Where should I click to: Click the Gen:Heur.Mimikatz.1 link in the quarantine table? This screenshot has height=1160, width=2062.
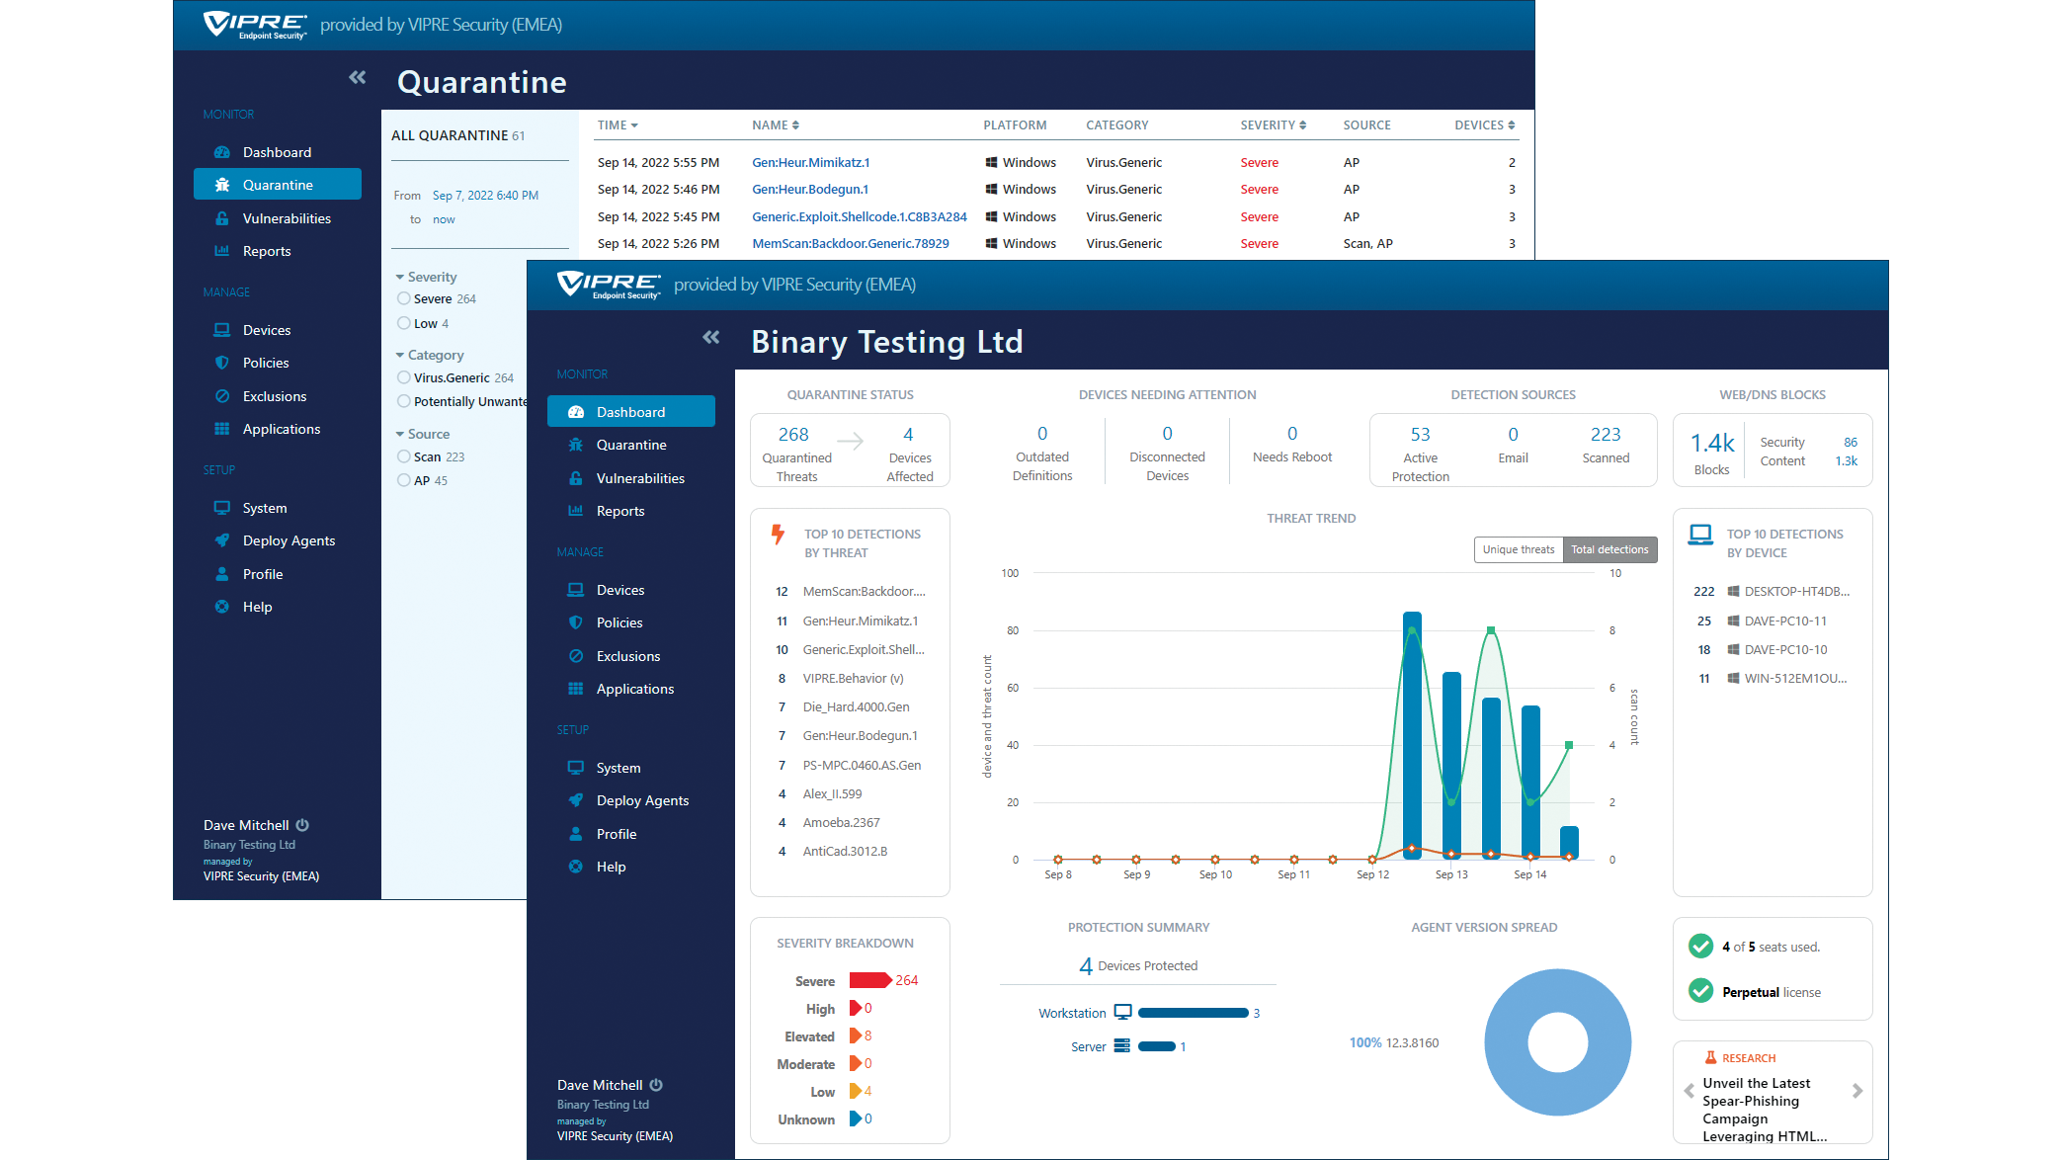810,163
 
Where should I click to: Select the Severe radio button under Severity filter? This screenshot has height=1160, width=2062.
404,298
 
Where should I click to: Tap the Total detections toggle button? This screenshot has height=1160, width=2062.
1608,549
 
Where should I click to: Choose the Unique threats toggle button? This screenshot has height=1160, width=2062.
1518,549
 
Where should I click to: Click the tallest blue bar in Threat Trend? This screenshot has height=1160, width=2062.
1412,735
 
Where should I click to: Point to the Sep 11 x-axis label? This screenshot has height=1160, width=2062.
1293,874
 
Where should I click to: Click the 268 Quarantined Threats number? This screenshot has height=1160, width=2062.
792,435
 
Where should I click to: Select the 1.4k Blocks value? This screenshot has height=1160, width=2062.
1711,444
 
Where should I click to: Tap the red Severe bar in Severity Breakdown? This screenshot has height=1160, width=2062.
869,980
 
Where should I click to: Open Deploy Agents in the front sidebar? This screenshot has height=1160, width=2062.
642,800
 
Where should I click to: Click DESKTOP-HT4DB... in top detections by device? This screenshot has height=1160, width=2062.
1795,592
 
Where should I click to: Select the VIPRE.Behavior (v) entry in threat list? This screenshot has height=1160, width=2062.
853,679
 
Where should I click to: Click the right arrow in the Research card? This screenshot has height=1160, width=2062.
1856,1091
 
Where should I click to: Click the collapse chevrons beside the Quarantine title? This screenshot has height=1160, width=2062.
357,78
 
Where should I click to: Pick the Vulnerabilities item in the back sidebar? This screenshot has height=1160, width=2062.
287,218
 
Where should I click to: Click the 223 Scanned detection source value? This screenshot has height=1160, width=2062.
1605,435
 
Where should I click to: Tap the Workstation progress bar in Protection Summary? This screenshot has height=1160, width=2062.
1193,1013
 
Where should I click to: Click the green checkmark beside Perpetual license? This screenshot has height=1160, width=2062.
1700,990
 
